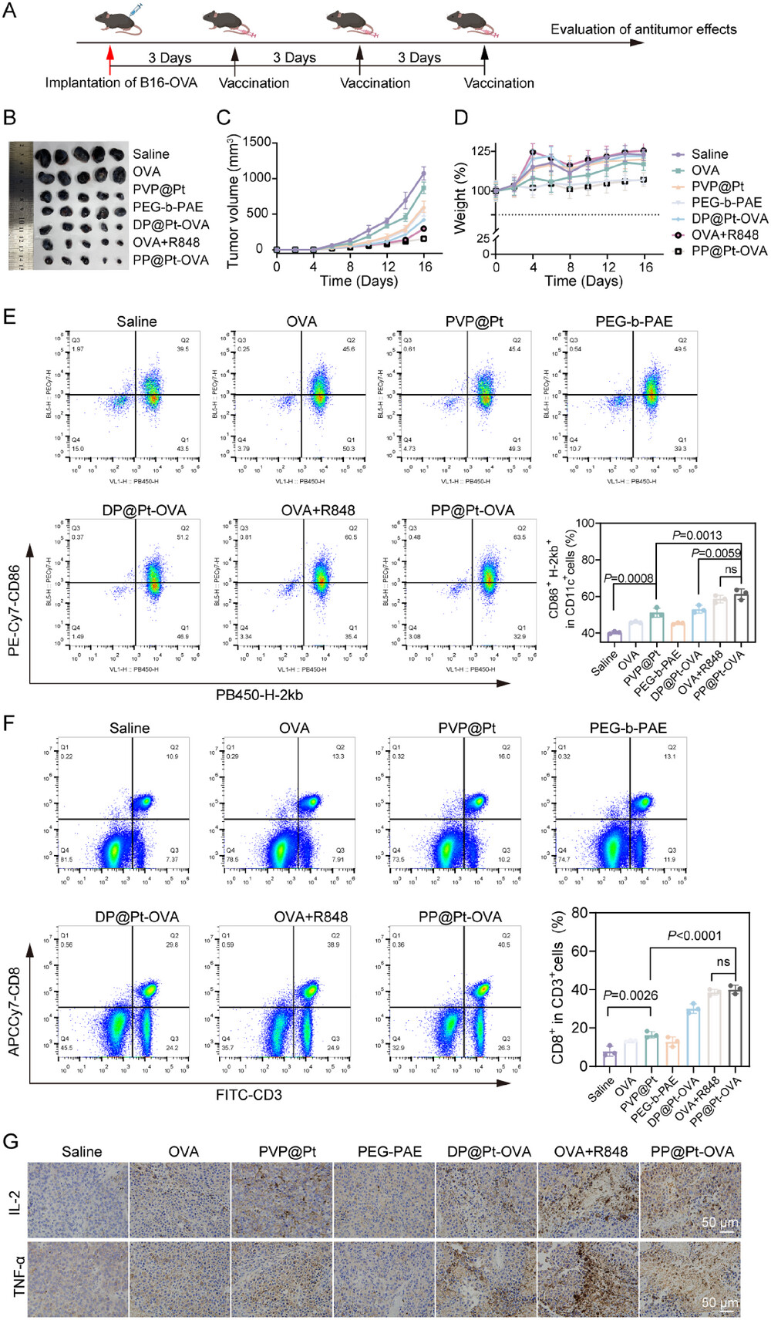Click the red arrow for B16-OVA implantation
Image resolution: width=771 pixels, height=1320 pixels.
click(110, 58)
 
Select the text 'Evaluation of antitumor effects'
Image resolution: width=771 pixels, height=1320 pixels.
click(643, 29)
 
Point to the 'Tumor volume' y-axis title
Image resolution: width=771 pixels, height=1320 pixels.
click(234, 202)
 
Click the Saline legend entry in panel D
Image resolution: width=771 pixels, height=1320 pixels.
click(709, 154)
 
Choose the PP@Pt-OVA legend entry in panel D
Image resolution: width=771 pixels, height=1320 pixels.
click(729, 251)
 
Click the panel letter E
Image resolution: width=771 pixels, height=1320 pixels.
click(10, 317)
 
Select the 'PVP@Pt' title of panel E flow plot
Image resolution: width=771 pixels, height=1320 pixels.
click(473, 322)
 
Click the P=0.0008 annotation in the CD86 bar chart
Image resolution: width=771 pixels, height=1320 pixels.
click(628, 578)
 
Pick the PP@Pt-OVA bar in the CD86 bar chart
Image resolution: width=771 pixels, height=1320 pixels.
click(741, 616)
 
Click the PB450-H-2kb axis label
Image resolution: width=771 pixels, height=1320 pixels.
click(259, 695)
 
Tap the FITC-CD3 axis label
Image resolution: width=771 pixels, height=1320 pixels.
click(248, 1095)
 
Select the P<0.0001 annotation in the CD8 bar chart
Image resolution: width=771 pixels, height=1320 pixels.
click(694, 936)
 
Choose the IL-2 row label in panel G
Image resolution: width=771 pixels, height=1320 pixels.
click(15, 1201)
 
